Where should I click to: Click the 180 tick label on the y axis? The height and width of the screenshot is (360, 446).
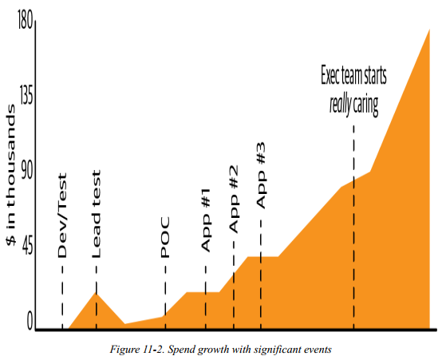(x=26, y=20)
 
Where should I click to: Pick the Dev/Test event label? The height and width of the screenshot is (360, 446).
(x=62, y=216)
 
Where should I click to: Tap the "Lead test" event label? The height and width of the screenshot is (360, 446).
(x=96, y=214)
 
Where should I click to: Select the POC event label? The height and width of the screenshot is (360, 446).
(x=165, y=237)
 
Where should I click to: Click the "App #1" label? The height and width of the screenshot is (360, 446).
(x=205, y=220)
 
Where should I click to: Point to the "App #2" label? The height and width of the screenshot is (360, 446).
(x=234, y=200)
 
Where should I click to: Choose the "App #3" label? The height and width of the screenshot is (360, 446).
(x=261, y=176)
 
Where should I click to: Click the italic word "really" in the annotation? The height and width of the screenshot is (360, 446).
(x=340, y=105)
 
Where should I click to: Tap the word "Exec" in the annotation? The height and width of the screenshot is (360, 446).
(x=330, y=75)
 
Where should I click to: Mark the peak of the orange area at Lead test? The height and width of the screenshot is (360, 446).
(x=96, y=293)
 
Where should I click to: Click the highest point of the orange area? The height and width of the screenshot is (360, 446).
(x=429, y=29)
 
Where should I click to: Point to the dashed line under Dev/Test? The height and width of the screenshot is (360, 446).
(x=62, y=298)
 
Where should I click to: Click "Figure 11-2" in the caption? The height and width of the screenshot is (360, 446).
(x=136, y=349)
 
